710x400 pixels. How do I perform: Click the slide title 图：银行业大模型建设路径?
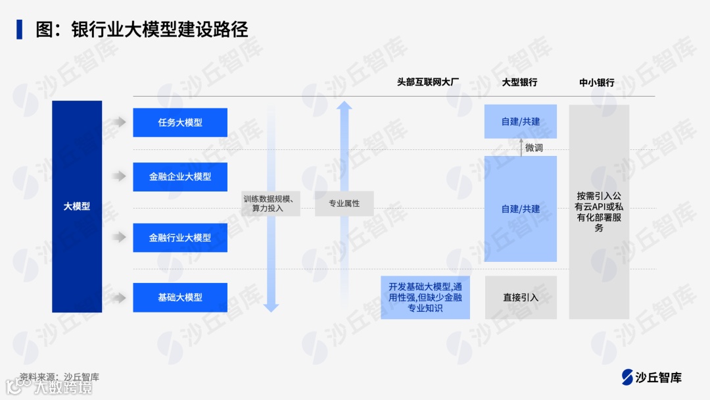tap(141, 30)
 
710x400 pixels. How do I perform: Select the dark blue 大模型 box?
tap(77, 206)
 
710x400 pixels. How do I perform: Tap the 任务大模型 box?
tap(180, 122)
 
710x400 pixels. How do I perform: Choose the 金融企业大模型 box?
tap(180, 177)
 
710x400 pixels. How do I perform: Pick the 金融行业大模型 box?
tap(180, 238)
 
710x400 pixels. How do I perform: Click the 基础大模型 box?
tap(180, 297)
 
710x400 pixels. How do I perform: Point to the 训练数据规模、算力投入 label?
tap(272, 203)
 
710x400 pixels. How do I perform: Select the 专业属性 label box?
tap(344, 203)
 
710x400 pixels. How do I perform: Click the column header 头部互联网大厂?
tap(428, 82)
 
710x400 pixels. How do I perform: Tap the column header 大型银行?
tap(519, 82)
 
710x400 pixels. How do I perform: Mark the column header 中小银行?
tap(597, 82)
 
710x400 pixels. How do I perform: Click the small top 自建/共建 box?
tap(521, 122)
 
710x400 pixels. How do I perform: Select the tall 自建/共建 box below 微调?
tap(521, 209)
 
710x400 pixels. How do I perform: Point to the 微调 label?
tap(534, 148)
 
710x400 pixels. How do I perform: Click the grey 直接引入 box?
tap(521, 297)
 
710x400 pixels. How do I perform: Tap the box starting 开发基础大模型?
tap(425, 297)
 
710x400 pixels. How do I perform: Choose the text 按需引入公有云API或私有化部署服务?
tap(599, 211)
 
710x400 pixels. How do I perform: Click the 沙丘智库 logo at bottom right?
tap(652, 377)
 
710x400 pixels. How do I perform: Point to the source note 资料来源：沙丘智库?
tap(59, 377)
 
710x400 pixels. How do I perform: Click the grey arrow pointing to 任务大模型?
tap(118, 122)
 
